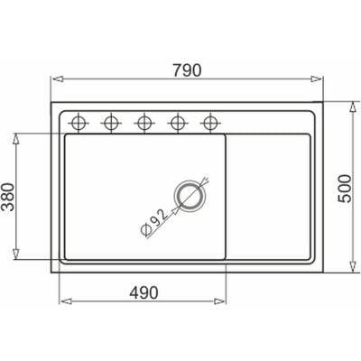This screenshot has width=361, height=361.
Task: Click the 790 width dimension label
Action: coord(187,70)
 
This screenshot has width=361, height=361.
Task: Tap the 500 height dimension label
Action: coord(345,189)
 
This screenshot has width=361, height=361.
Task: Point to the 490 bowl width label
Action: coord(143,292)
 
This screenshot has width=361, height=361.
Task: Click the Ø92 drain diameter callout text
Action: coord(153,222)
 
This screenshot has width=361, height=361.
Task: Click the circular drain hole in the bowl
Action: coord(190,197)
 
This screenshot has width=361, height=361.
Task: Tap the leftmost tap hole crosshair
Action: coord(79,123)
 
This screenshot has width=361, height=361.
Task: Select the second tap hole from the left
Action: coord(111,123)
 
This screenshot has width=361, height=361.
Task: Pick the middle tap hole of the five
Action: coord(144,123)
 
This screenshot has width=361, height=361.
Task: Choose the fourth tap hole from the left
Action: coord(178,123)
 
